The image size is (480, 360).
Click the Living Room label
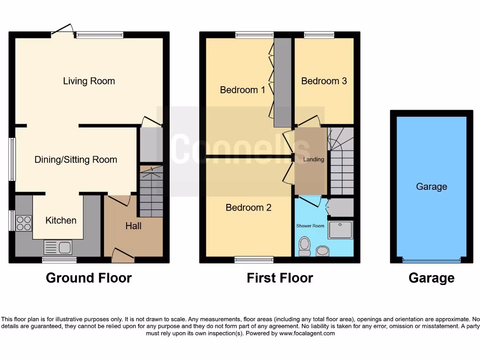point(89,81)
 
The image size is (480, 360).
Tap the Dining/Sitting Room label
point(76,160)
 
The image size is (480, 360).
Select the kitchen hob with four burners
point(24,223)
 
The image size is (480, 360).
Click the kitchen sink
point(57,247)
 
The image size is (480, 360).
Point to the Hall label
point(133,226)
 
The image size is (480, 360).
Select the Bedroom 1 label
point(242,90)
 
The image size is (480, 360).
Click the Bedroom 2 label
point(248,207)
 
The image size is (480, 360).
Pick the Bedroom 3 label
point(324,81)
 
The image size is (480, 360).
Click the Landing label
point(314,159)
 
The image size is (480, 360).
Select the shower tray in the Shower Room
point(341,230)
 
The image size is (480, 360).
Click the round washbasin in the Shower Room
point(322,251)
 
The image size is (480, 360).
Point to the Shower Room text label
point(310,226)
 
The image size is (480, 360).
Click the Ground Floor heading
point(89,278)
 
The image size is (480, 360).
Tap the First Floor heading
point(280,278)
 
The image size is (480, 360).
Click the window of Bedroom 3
point(319,35)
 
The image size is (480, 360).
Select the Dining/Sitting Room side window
point(12,159)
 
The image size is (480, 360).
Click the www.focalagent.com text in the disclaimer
point(307,334)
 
